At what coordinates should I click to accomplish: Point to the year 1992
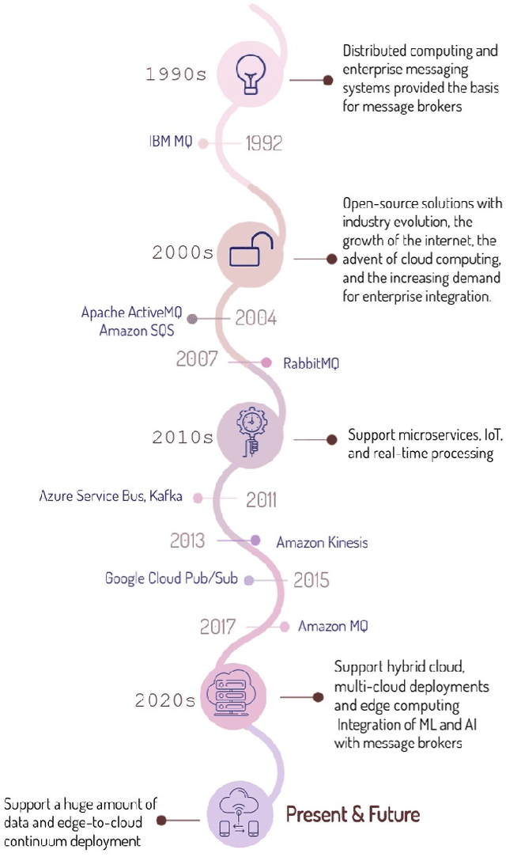pyautogui.click(x=263, y=143)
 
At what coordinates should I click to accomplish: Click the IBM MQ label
pyautogui.click(x=170, y=143)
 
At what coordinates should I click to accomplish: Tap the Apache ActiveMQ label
pyautogui.click(x=131, y=313)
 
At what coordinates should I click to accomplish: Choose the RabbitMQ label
pyautogui.click(x=312, y=363)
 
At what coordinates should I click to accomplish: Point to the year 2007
pyautogui.click(x=197, y=359)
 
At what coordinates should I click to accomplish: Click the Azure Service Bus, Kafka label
pyautogui.click(x=111, y=497)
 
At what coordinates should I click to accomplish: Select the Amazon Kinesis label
pyautogui.click(x=322, y=543)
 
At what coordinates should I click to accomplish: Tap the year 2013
pyautogui.click(x=188, y=541)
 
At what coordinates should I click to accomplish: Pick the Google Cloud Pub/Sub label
pyautogui.click(x=171, y=579)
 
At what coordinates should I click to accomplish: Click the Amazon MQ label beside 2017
pyautogui.click(x=333, y=626)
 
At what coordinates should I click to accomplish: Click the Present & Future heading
pyautogui.click(x=353, y=814)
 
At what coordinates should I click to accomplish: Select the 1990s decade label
pyautogui.click(x=176, y=75)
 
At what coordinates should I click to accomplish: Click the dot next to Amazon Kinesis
pyautogui.click(x=255, y=540)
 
